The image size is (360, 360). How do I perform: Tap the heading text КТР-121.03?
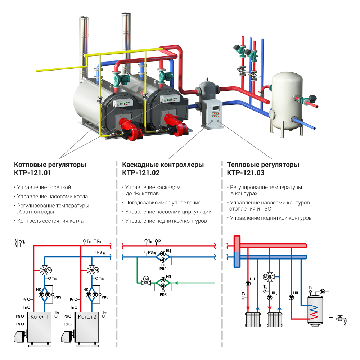click(246, 173)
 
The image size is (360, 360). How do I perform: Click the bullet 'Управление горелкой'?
click(44, 188)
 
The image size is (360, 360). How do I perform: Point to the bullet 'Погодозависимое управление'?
click(163, 203)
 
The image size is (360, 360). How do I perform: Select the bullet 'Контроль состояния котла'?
click(50, 221)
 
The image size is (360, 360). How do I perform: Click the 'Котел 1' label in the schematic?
click(40, 317)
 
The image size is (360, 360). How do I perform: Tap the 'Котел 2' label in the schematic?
click(87, 317)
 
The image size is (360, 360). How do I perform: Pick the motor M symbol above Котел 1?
click(50, 270)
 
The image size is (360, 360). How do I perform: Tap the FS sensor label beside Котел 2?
click(66, 324)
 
